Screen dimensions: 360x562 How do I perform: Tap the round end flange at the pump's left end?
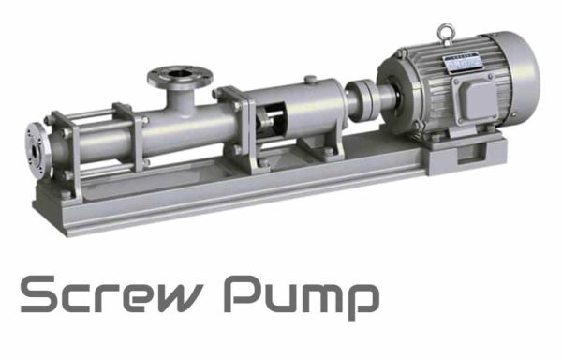[x=36, y=147]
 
